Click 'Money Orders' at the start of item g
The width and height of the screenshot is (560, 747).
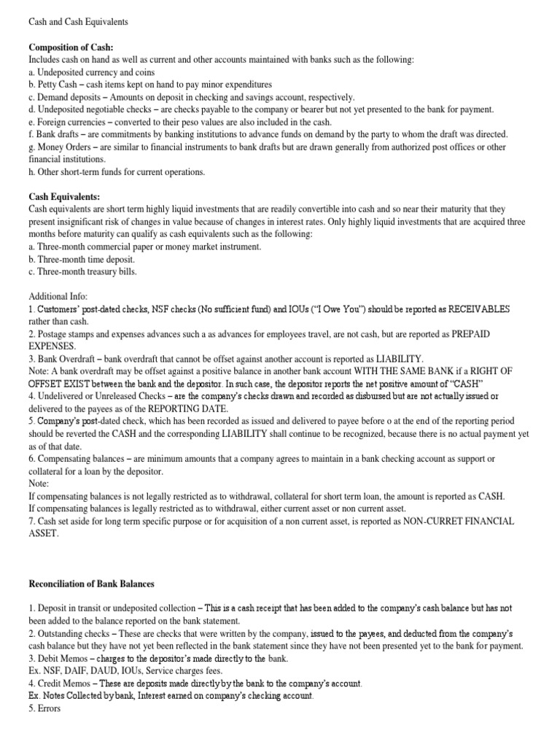[x=63, y=147]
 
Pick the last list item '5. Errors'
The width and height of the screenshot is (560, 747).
[x=45, y=708]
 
